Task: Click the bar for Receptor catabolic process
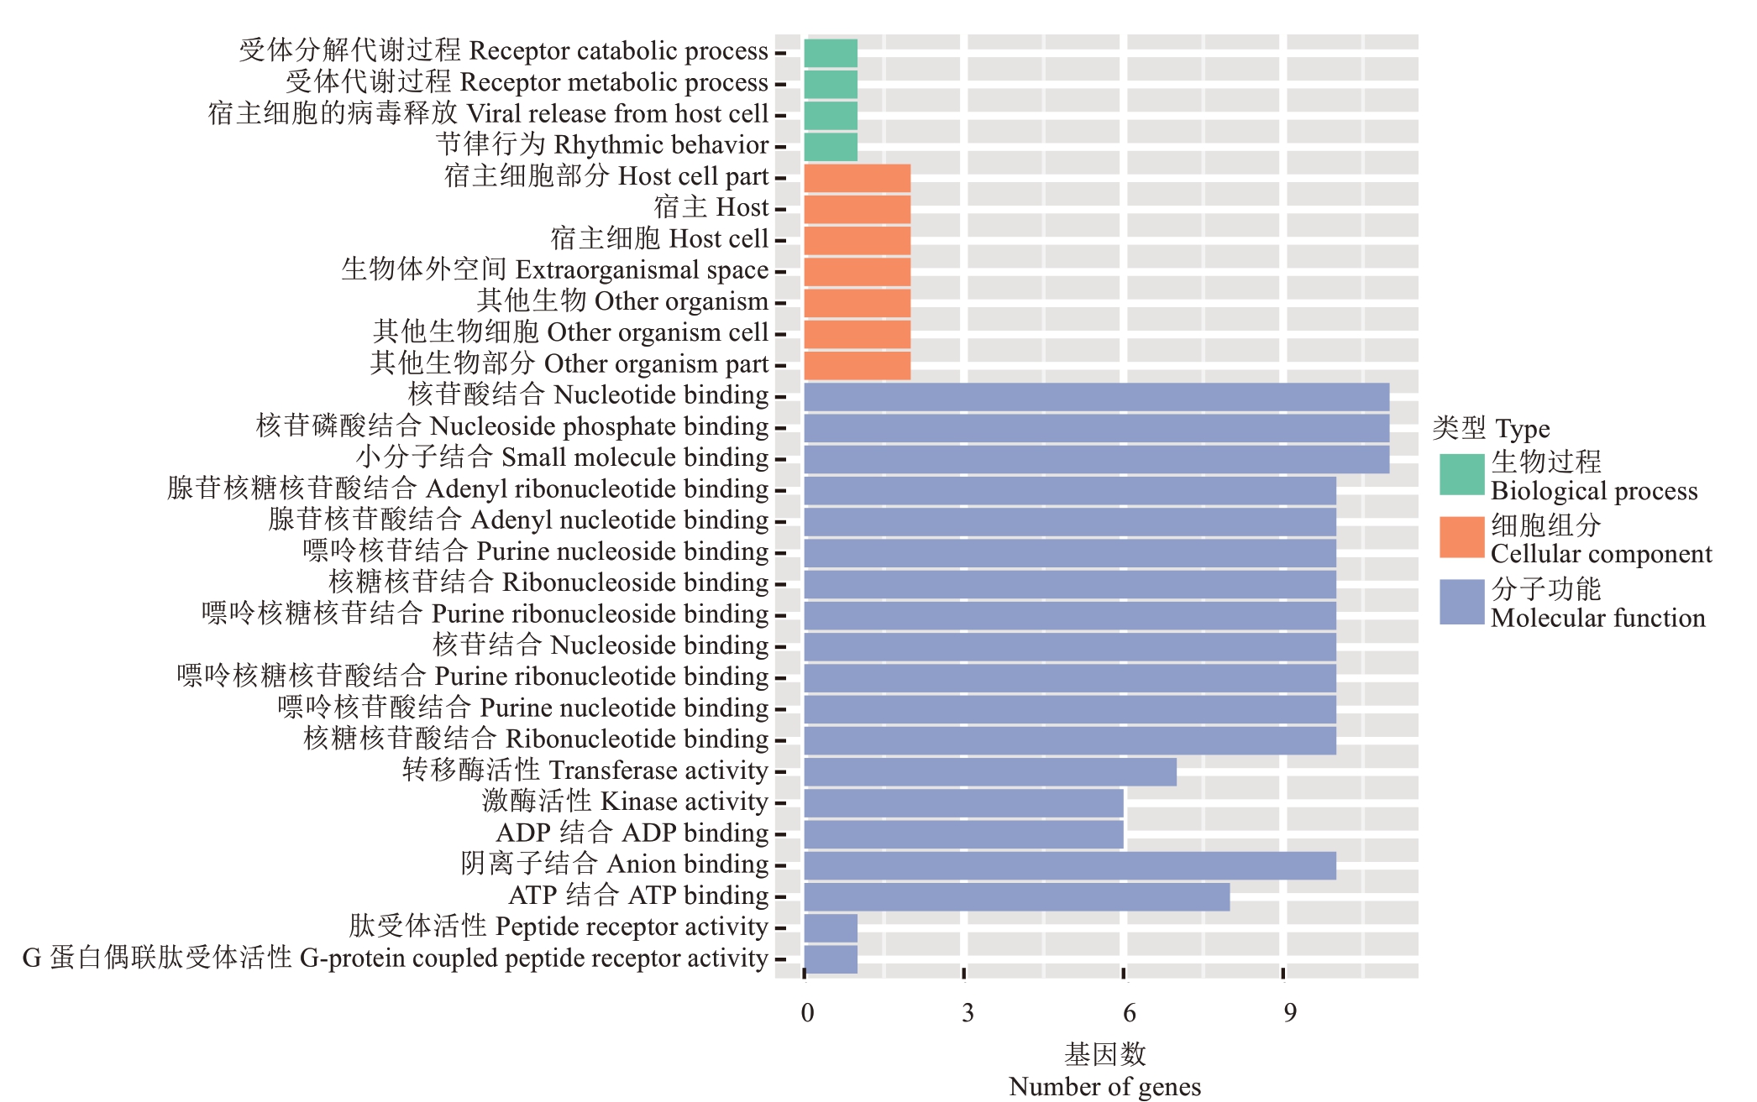pos(831,53)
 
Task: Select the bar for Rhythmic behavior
pos(831,147)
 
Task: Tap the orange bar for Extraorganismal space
pos(857,272)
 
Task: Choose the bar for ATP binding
pos(1016,897)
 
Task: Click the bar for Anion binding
pos(1069,865)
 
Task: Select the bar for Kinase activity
pos(963,803)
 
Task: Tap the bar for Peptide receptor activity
pos(831,928)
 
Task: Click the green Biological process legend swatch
pos(1462,475)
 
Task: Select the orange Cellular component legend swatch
pos(1462,538)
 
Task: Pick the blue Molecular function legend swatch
pos(1462,602)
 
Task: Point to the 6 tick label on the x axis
pos(1129,1013)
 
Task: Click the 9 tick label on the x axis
pos(1289,1013)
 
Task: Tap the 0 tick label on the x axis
pos(807,1013)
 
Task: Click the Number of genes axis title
pos(1104,1086)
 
